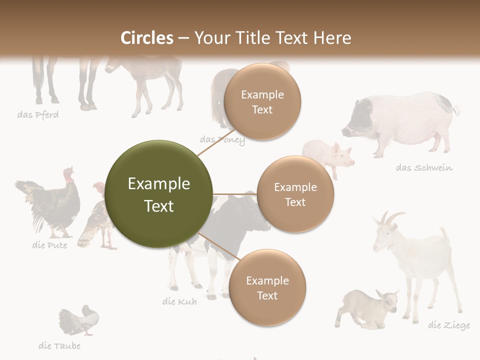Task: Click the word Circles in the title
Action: click(x=146, y=38)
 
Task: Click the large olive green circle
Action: click(x=159, y=194)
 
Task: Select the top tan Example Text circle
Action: click(x=262, y=101)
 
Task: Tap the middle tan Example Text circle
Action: click(x=295, y=194)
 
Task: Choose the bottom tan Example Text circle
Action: click(x=267, y=287)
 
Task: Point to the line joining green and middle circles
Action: click(x=234, y=194)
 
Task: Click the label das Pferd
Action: click(x=38, y=115)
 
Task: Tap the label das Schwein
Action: click(x=424, y=167)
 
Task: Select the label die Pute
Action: click(x=49, y=245)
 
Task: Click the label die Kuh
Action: click(x=179, y=301)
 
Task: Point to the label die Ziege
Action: click(x=448, y=325)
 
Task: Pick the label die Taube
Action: click(x=59, y=345)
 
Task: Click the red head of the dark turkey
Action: click(x=68, y=174)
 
